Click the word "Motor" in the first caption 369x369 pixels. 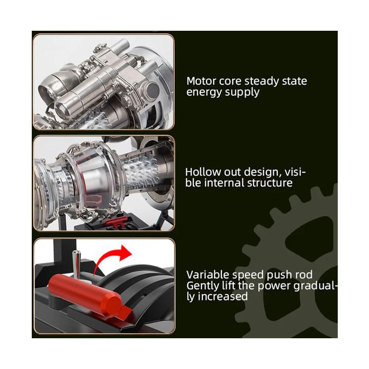pos(201,81)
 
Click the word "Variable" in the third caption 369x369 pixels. pos(208,275)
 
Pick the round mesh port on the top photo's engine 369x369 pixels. pos(153,90)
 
